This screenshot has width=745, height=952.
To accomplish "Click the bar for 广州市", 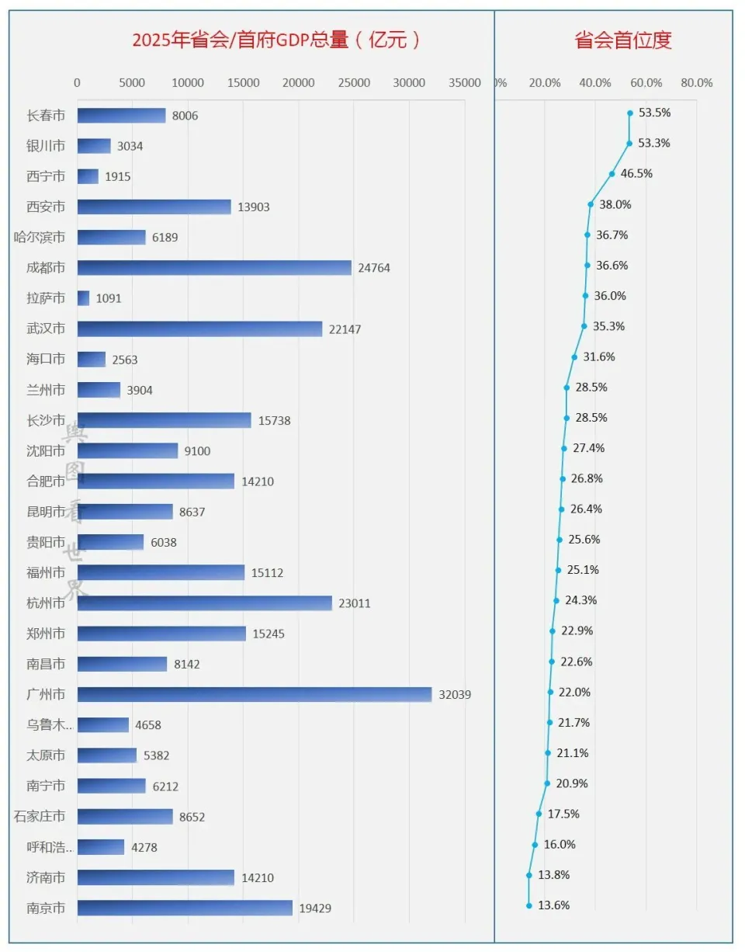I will pyautogui.click(x=255, y=694).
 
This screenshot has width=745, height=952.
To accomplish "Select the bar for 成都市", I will pyautogui.click(x=214, y=268).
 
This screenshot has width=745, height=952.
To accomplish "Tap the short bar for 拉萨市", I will pyautogui.click(x=84, y=298).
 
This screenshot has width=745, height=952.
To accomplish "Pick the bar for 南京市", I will pyautogui.click(x=185, y=908).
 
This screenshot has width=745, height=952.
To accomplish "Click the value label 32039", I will pyautogui.click(x=455, y=694).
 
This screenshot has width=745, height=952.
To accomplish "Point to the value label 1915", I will pyautogui.click(x=118, y=176).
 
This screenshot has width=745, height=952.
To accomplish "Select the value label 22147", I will pyautogui.click(x=345, y=329).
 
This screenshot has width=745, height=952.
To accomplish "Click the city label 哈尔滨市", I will pyautogui.click(x=40, y=238).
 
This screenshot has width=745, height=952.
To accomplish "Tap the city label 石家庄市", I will pyautogui.click(x=40, y=816).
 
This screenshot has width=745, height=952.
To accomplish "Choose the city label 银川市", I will pyautogui.click(x=46, y=146).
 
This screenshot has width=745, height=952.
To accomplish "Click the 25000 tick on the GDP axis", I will pyautogui.click(x=354, y=83).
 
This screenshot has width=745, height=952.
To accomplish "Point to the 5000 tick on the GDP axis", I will pyautogui.click(x=133, y=83).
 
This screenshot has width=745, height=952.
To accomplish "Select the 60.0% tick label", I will pyautogui.click(x=646, y=83).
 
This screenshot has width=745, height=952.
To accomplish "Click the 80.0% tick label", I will pyautogui.click(x=696, y=83).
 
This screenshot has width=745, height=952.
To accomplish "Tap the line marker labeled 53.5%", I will pyautogui.click(x=630, y=113).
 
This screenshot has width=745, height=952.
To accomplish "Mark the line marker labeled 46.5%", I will pyautogui.click(x=612, y=174).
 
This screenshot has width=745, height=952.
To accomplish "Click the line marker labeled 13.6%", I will pyautogui.click(x=529, y=905).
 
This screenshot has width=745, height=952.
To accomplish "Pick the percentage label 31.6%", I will pyautogui.click(x=599, y=356).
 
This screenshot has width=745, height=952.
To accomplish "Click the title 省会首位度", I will pyautogui.click(x=623, y=40).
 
